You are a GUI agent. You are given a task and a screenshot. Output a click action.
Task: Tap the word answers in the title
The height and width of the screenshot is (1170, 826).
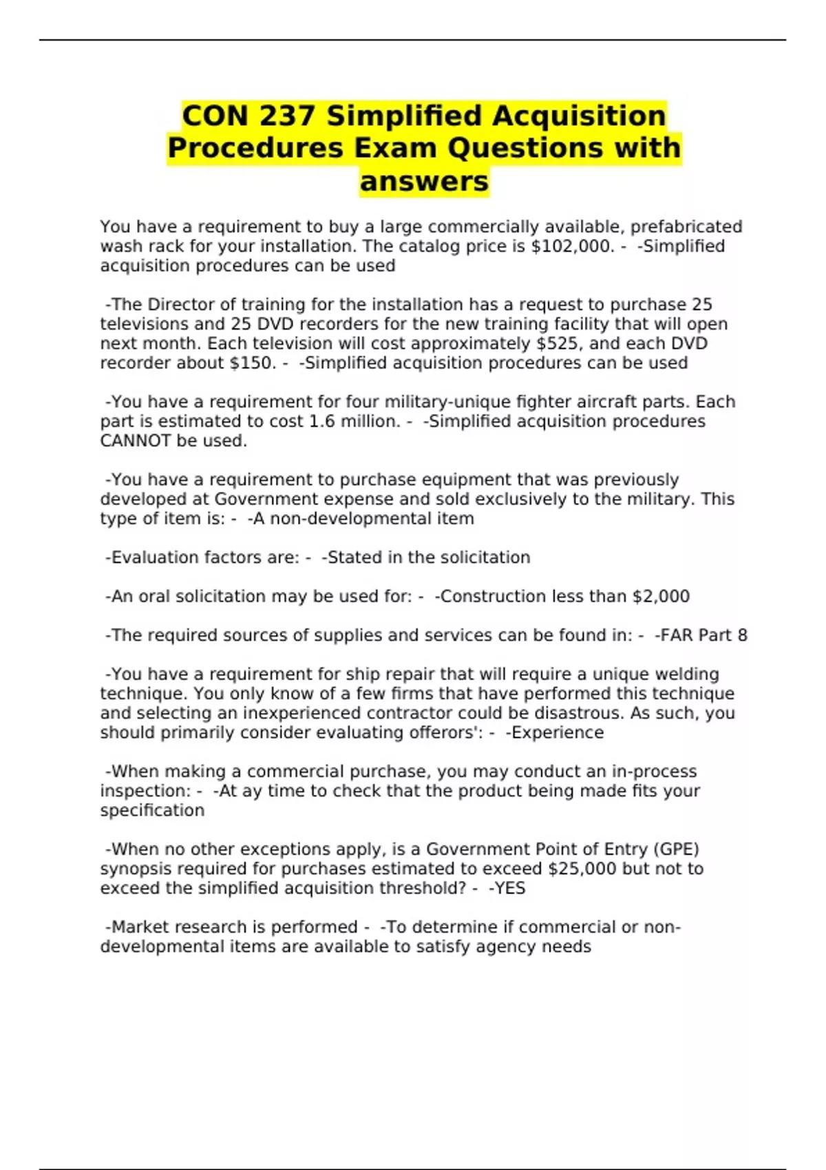click(x=424, y=182)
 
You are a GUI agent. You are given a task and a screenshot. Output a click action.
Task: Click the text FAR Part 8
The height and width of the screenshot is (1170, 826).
click(x=701, y=635)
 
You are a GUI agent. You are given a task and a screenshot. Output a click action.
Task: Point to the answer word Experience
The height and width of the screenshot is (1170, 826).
click(x=557, y=732)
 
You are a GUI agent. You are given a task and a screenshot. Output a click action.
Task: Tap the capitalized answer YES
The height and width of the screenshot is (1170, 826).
click(x=509, y=888)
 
